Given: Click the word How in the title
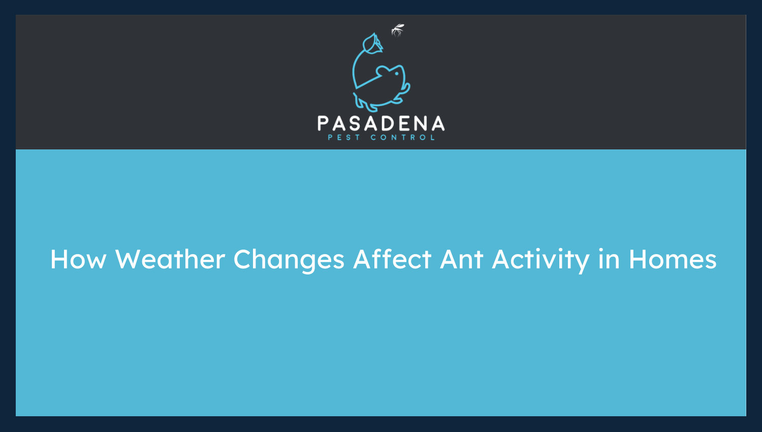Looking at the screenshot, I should tap(78, 260).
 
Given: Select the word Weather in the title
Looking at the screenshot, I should tap(170, 260).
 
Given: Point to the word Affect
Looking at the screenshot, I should tap(392, 260).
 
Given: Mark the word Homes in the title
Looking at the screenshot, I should tap(673, 260).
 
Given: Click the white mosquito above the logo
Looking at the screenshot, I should tap(397, 30).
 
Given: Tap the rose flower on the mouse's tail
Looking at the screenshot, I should tap(373, 44).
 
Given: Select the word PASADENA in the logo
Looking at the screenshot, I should tap(381, 124).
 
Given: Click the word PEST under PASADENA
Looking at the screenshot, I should tap(344, 137).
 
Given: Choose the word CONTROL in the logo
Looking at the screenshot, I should tap(403, 137).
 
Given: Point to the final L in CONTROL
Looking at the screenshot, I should tap(433, 137).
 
